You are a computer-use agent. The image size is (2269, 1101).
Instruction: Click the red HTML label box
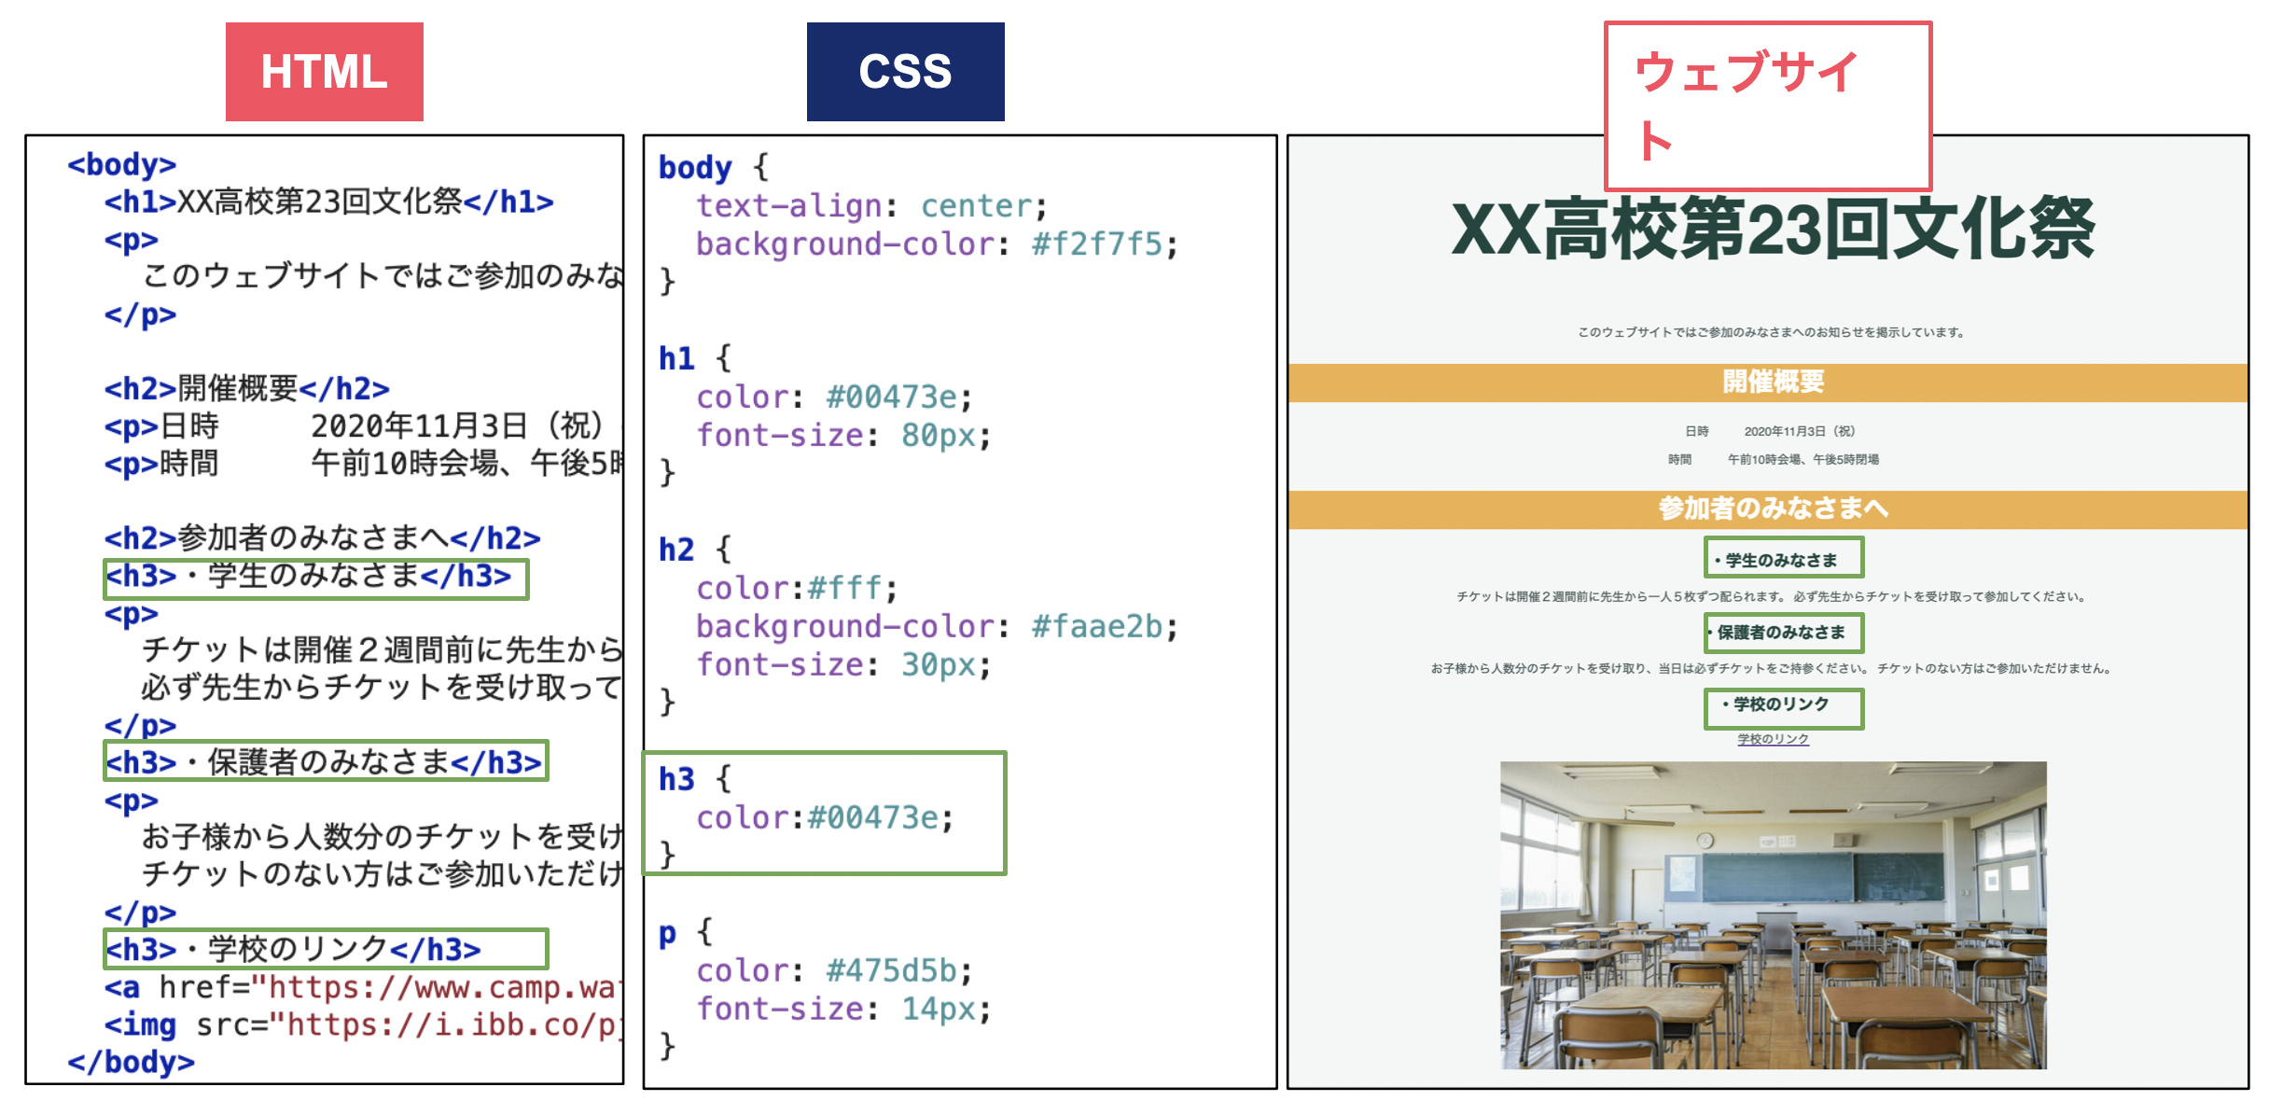324,72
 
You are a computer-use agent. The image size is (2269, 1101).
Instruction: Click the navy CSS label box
905,72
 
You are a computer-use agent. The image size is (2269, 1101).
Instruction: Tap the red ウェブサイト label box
1767,105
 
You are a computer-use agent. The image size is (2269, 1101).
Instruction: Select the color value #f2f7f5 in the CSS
1096,244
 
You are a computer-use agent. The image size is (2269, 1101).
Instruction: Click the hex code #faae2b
1096,627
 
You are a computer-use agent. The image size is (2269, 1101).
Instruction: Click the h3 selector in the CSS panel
676,779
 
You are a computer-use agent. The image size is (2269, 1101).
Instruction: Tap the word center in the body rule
976,206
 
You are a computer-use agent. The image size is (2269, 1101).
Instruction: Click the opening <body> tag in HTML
121,164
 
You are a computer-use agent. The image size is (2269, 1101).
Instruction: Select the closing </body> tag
131,1062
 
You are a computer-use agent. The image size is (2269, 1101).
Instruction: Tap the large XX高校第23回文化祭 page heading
1773,230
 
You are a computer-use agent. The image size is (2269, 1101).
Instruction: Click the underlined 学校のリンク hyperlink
1773,739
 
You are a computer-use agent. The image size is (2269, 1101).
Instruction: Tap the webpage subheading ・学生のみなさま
1782,560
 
